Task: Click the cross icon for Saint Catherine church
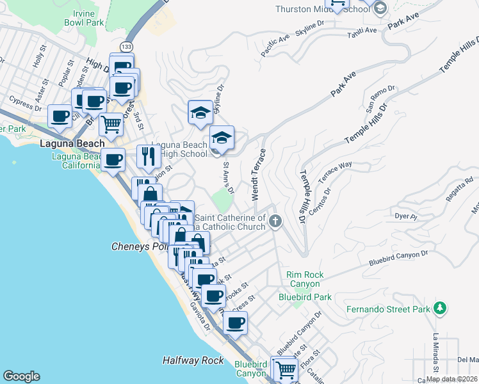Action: click(x=275, y=222)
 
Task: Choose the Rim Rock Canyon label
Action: click(x=305, y=280)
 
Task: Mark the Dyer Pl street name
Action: click(x=406, y=217)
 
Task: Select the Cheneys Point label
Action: click(x=138, y=246)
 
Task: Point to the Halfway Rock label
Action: click(x=193, y=360)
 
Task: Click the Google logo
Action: click(x=21, y=376)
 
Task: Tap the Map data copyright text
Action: click(x=451, y=379)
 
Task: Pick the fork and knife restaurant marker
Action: click(x=149, y=156)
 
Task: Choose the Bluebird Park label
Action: click(x=305, y=297)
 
